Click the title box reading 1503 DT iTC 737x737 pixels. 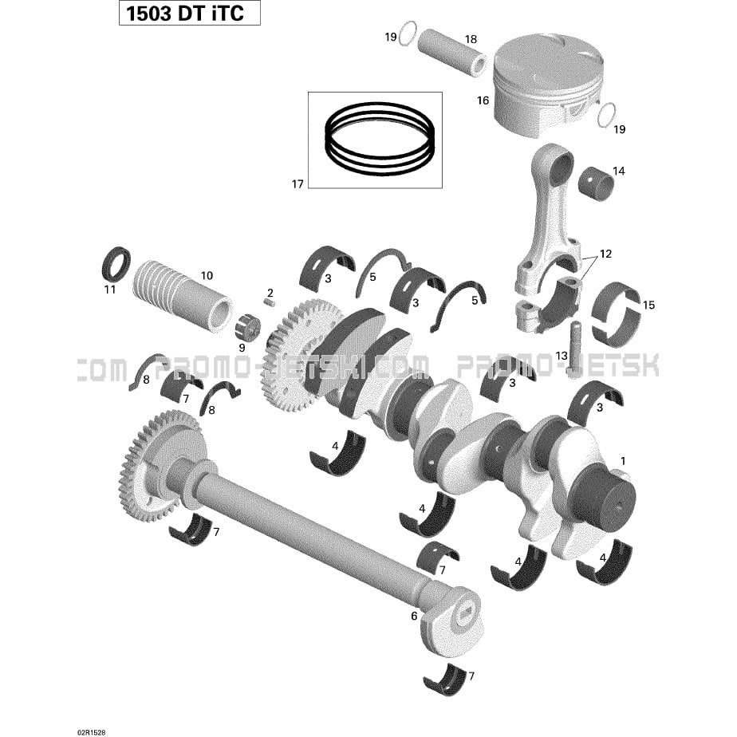coord(189,13)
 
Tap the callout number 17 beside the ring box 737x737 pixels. coord(298,183)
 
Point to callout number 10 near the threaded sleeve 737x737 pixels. coord(207,275)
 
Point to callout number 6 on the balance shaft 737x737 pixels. coord(414,616)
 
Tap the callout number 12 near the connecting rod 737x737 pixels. coord(606,254)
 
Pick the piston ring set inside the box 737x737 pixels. coord(380,139)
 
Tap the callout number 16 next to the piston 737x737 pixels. coord(483,100)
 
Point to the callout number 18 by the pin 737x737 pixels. coord(471,39)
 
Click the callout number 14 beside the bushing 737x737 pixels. coord(619,171)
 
